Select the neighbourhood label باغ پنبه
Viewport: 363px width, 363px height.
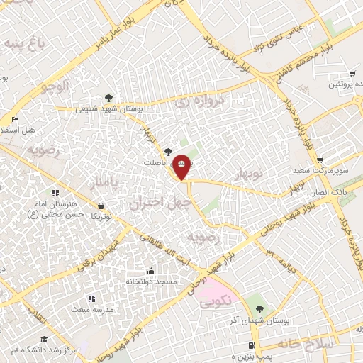click(26, 44)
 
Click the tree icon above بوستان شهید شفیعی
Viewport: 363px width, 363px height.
click(108, 98)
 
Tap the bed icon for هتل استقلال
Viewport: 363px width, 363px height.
click(15, 119)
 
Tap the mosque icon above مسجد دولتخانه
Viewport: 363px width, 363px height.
click(151, 271)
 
